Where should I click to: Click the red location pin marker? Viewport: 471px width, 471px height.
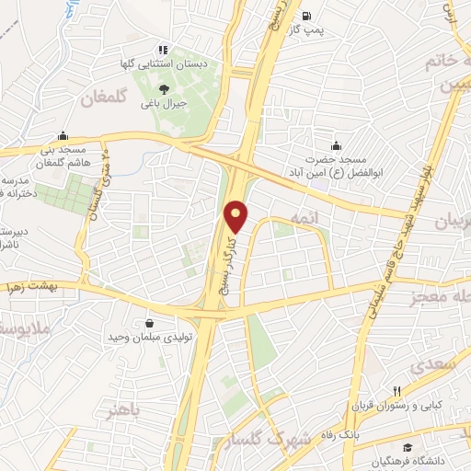[x=237, y=215]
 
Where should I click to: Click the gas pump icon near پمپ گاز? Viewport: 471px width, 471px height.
[x=306, y=15]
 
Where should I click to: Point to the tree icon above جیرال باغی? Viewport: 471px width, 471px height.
[x=163, y=88]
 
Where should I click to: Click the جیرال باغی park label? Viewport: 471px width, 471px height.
[x=164, y=104]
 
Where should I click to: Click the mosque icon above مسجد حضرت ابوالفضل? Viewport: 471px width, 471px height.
[x=336, y=144]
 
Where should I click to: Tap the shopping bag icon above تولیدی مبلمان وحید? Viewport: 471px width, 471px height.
[x=148, y=323]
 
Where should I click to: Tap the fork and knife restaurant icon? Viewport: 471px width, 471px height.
[x=397, y=391]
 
